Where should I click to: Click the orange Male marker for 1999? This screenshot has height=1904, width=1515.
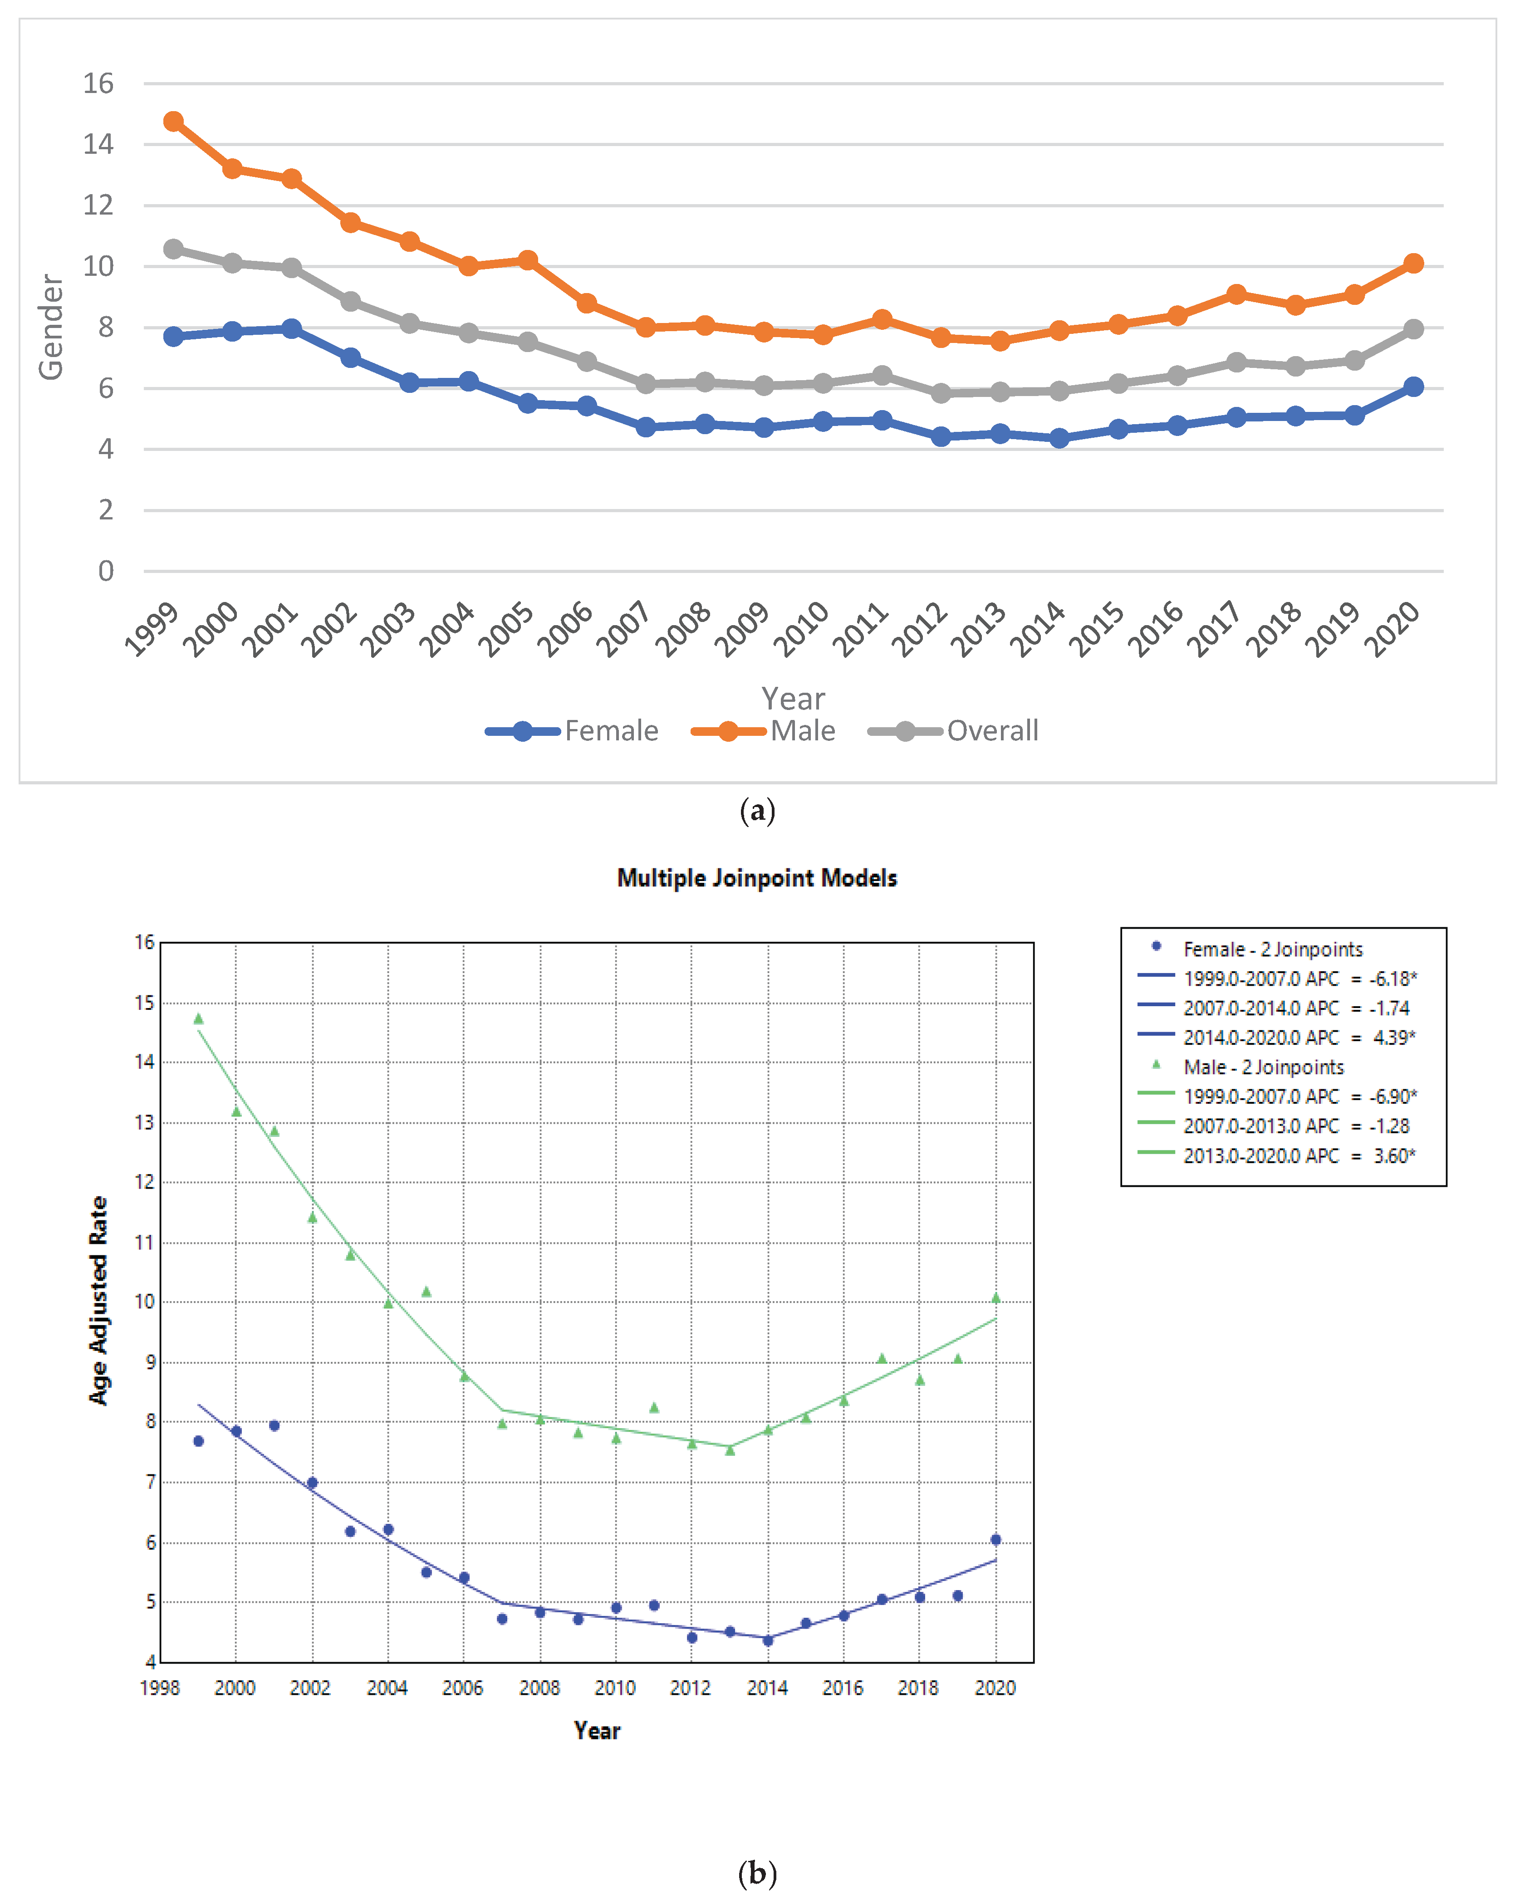[x=173, y=121]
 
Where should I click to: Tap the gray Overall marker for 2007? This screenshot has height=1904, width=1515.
[x=646, y=383]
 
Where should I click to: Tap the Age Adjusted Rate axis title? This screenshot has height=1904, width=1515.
[x=98, y=1300]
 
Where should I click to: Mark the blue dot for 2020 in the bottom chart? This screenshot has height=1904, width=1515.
[x=995, y=1539]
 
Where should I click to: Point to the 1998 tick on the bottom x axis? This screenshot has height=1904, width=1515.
[x=160, y=1688]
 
